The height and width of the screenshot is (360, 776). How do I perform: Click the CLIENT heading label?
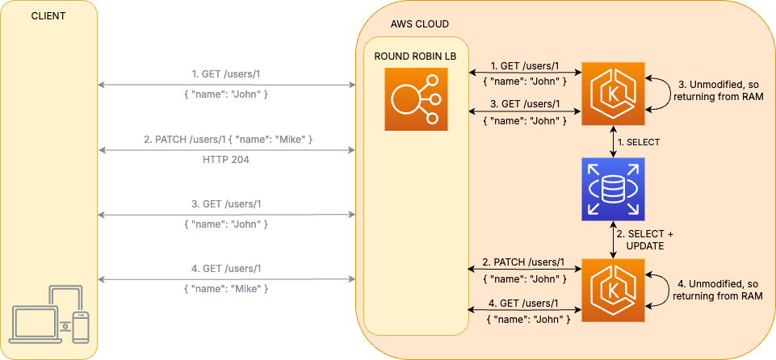pyautogui.click(x=48, y=16)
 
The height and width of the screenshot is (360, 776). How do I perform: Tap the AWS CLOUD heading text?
pyautogui.click(x=419, y=24)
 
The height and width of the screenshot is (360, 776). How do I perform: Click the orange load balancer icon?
pyautogui.click(x=415, y=98)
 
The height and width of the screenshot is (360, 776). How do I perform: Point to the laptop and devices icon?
pyautogui.click(x=48, y=315)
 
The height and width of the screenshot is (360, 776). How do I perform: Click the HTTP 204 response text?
pyautogui.click(x=226, y=160)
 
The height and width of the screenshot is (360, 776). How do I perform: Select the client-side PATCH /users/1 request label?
pyautogui.click(x=226, y=140)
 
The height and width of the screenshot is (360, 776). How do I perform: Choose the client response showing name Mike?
pyautogui.click(x=226, y=288)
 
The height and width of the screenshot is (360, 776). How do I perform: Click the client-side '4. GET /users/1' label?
pyautogui.click(x=226, y=268)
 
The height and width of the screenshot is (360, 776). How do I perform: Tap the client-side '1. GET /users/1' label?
pyautogui.click(x=226, y=74)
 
